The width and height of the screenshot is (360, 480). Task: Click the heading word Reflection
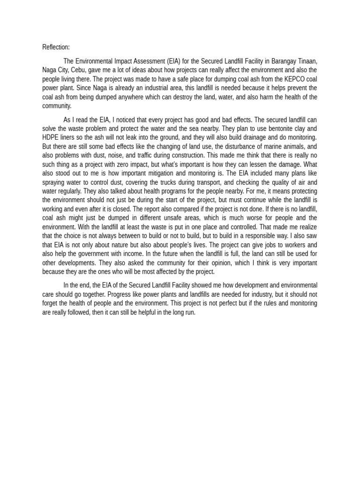point(56,47)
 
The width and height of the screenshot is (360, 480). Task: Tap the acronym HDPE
point(51,137)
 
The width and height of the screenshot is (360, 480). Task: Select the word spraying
point(54,182)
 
